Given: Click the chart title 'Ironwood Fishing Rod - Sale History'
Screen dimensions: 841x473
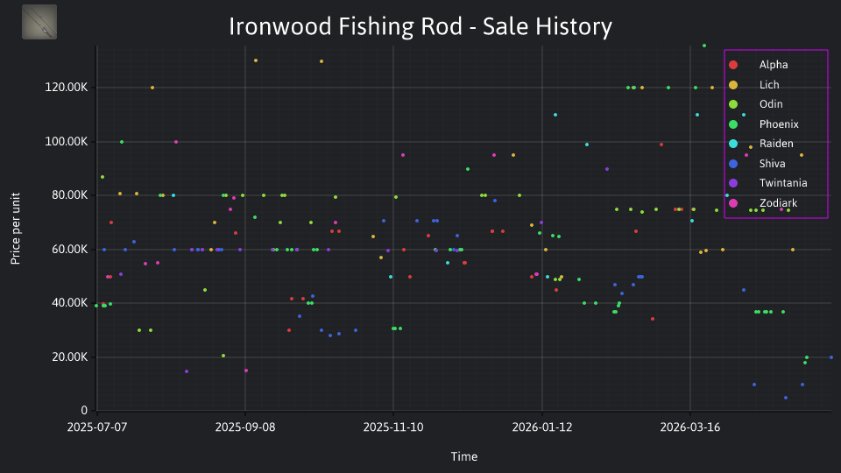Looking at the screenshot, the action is pyautogui.click(x=420, y=26).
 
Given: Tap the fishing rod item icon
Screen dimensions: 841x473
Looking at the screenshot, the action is pyautogui.click(x=39, y=22).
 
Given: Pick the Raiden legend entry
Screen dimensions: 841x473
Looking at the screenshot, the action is pyautogui.click(x=760, y=144).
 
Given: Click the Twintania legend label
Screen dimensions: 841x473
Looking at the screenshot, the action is pyautogui.click(x=783, y=183).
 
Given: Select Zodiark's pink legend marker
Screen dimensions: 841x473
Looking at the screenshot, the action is pyautogui.click(x=733, y=203).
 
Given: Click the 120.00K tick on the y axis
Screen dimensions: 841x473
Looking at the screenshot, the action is pyautogui.click(x=66, y=88).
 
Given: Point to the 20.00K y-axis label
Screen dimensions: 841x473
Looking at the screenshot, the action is pyautogui.click(x=70, y=357).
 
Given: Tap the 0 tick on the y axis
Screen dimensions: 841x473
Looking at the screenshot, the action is pyautogui.click(x=84, y=410).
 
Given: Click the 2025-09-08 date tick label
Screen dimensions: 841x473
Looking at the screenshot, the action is pyautogui.click(x=245, y=427).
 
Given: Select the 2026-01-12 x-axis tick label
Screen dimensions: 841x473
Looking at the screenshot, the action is pyautogui.click(x=541, y=427).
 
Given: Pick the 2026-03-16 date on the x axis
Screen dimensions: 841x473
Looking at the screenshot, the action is pyautogui.click(x=690, y=427).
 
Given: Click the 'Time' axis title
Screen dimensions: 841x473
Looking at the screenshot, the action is pyautogui.click(x=464, y=456).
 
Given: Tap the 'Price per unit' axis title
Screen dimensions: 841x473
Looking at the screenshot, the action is pyautogui.click(x=16, y=229).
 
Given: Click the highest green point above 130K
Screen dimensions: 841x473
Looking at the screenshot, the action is pyautogui.click(x=704, y=46).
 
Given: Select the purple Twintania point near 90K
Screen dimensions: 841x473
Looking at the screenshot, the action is pyautogui.click(x=607, y=169).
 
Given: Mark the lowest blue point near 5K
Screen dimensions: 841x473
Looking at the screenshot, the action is pyautogui.click(x=786, y=398).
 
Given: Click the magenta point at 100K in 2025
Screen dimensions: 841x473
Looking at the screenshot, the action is pyautogui.click(x=176, y=142).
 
